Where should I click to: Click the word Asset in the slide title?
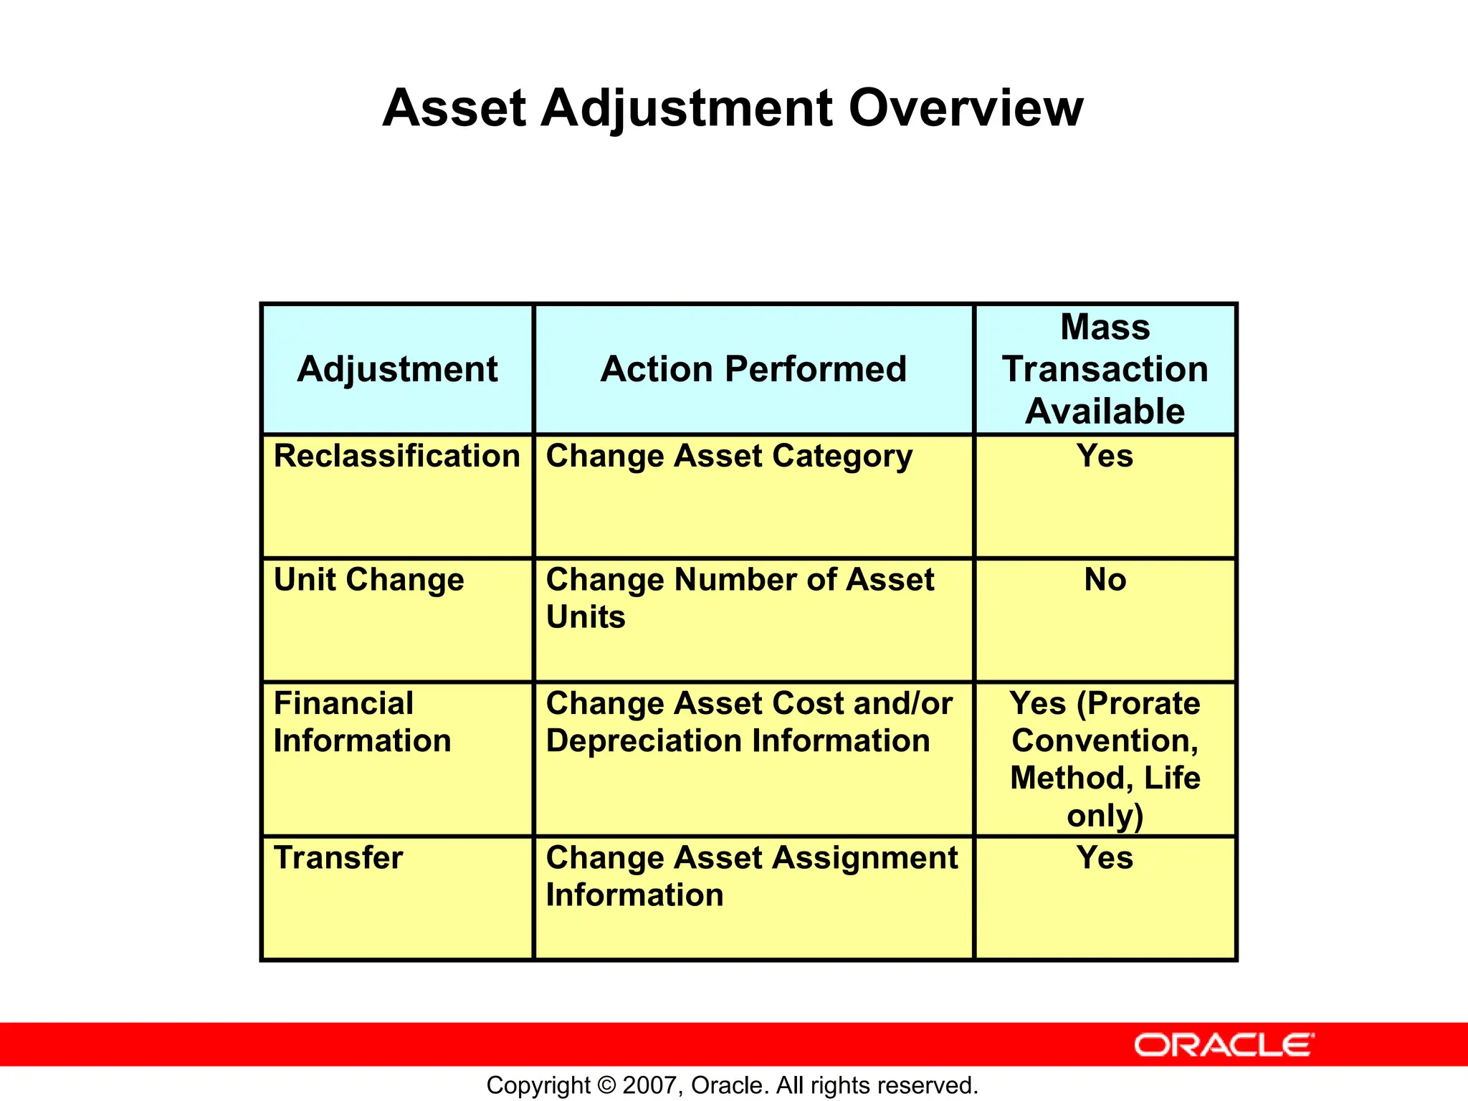454,109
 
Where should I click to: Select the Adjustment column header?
397,369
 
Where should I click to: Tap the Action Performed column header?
753,369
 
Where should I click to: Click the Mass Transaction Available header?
1105,369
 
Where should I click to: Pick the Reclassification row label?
396,456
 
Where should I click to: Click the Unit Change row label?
368,580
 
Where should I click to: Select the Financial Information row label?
362,722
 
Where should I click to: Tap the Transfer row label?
338,858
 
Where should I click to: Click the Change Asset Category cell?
729,457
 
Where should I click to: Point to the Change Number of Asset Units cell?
739,598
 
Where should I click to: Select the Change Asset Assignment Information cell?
751,876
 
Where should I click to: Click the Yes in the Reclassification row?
1105,456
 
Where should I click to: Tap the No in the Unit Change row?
1105,580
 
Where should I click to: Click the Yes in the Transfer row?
1105,858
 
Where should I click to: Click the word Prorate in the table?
1138,703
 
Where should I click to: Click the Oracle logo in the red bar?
1224,1045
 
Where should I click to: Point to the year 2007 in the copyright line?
648,1085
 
